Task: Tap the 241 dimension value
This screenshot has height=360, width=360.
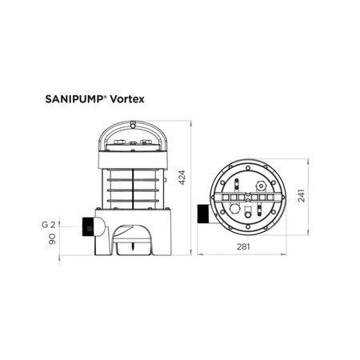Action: tap(302, 196)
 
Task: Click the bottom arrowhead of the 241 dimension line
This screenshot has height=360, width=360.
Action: tap(309, 234)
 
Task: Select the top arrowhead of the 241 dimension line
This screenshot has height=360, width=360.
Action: tap(309, 160)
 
